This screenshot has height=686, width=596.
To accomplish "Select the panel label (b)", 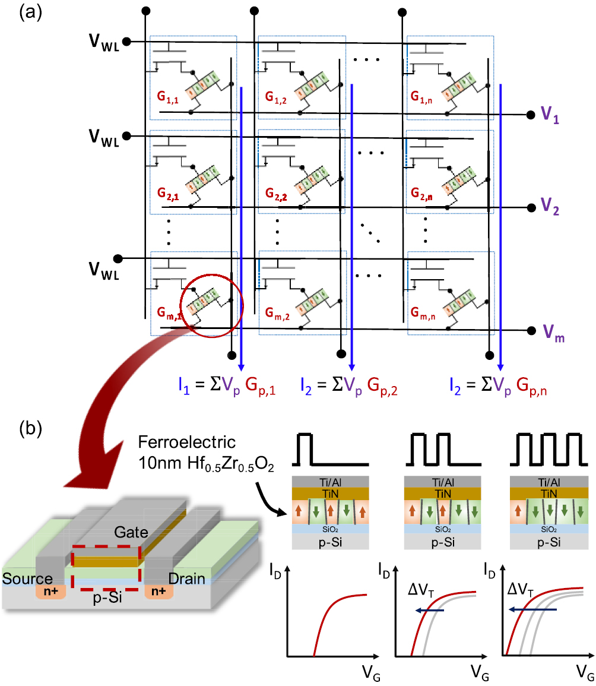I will pyautogui.click(x=31, y=428).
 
